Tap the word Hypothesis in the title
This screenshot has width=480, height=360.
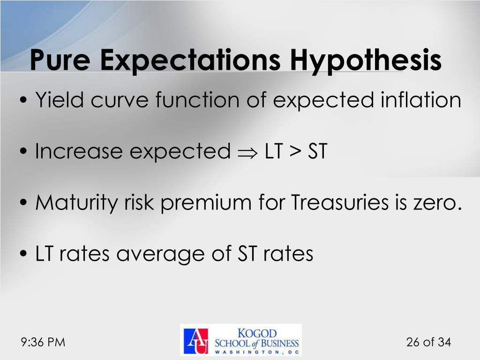[365, 60]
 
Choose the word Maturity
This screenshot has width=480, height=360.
[78, 203]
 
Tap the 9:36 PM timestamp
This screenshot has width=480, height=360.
[43, 342]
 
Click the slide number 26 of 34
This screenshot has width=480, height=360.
[428, 342]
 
